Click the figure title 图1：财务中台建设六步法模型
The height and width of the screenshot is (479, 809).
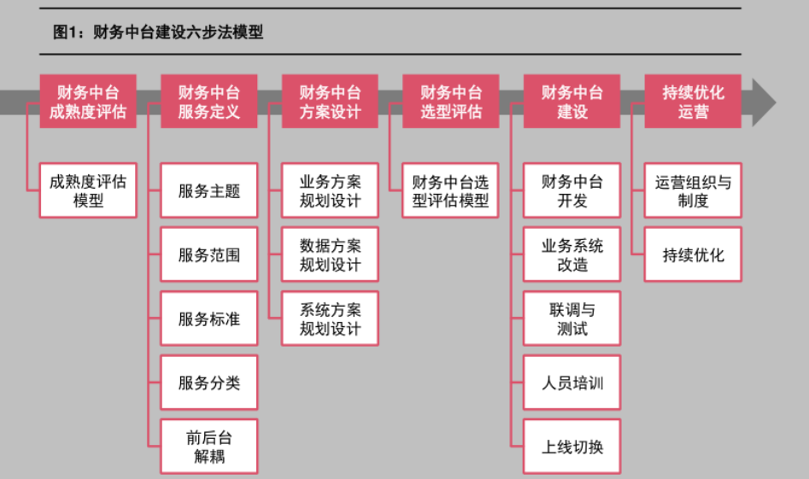pyautogui.click(x=158, y=32)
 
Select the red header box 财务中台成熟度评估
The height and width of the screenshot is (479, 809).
pyautogui.click(x=88, y=102)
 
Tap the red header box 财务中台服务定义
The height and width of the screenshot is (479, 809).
pyautogui.click(x=209, y=102)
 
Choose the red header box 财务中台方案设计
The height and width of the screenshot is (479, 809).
pyautogui.click(x=331, y=102)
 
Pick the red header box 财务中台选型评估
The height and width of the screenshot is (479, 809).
pyautogui.click(x=451, y=102)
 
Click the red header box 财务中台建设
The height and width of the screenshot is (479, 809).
pyautogui.click(x=572, y=102)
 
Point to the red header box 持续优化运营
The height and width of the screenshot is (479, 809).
pyautogui.click(x=693, y=102)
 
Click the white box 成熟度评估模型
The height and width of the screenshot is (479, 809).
pyautogui.click(x=88, y=190)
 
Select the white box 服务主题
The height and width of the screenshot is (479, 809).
pyautogui.click(x=209, y=190)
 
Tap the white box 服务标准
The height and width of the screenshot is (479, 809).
pyautogui.click(x=209, y=318)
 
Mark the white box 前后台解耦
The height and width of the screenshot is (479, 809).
pyautogui.click(x=209, y=447)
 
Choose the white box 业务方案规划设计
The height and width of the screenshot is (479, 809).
pyautogui.click(x=331, y=190)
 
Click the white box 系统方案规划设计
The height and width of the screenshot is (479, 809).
pyautogui.click(x=331, y=318)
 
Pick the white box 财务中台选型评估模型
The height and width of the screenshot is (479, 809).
pyautogui.click(x=451, y=190)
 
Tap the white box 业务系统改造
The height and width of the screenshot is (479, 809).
pyautogui.click(x=572, y=254)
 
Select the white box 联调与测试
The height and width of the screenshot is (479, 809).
pyautogui.click(x=572, y=318)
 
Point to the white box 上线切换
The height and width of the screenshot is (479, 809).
pyautogui.click(x=572, y=447)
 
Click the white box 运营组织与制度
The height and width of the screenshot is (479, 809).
pyautogui.click(x=693, y=190)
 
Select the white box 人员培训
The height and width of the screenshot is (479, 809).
pyautogui.click(x=572, y=383)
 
